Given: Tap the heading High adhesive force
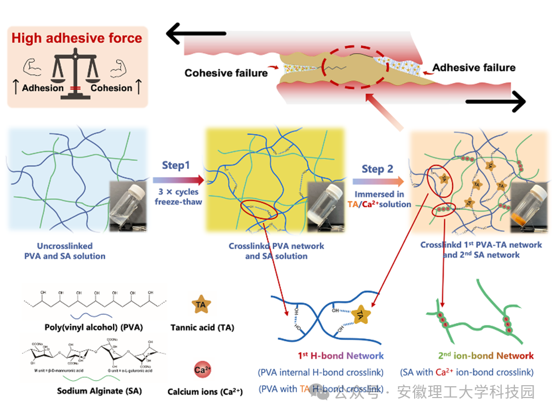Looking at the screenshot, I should click(x=77, y=38).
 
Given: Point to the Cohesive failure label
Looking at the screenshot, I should click(x=226, y=73).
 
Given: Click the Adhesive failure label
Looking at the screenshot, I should click(x=474, y=67).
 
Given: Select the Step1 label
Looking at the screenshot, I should click(x=176, y=166).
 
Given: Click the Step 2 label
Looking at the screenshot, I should click(x=377, y=169).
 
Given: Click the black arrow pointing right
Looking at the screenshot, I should click(x=494, y=102).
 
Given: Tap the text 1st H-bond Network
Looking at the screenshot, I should click(x=341, y=355).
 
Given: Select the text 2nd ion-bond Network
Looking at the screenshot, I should click(x=486, y=355).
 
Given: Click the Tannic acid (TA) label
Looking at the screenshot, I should click(x=202, y=328).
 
